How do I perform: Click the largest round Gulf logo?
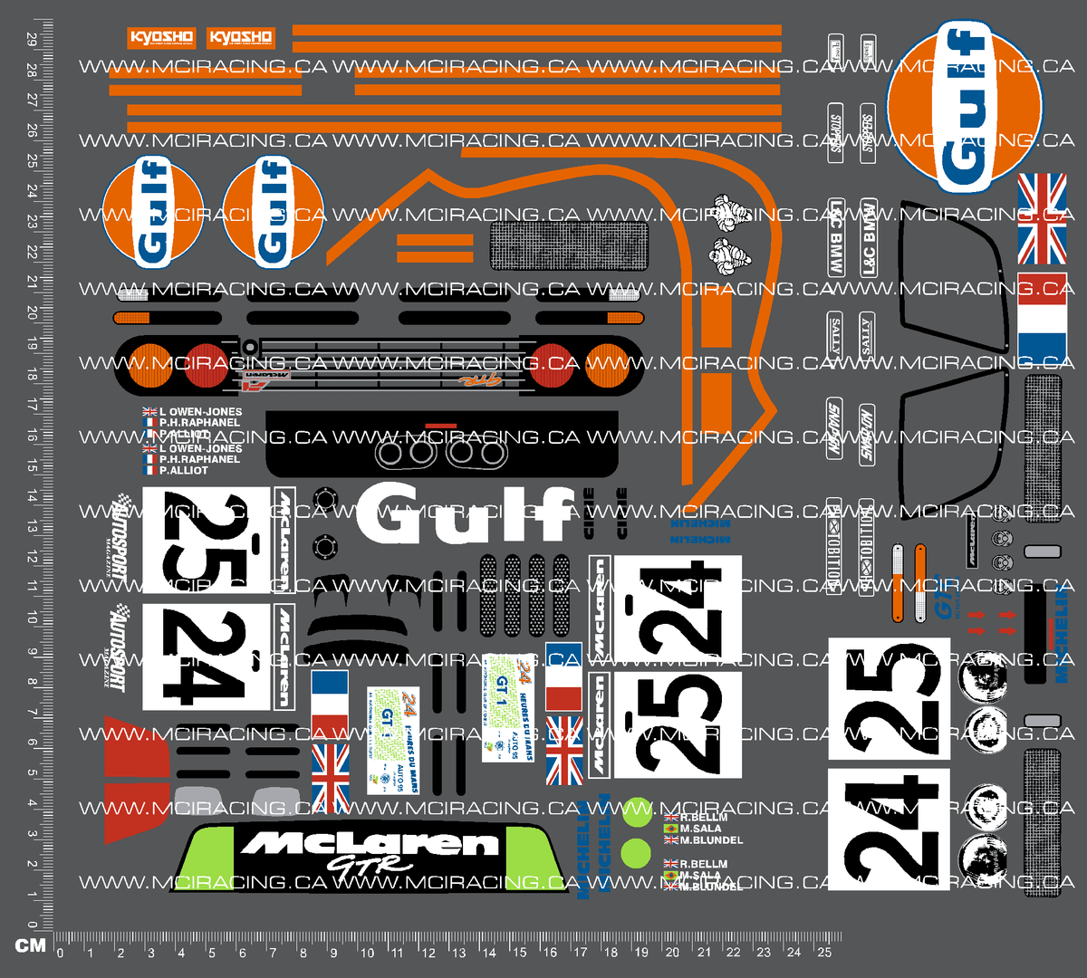(964, 109)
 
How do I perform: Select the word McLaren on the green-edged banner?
(370, 844)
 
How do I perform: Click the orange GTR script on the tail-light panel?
(477, 381)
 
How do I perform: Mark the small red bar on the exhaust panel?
(441, 425)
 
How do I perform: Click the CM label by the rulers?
(30, 945)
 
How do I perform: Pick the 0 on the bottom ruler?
(60, 953)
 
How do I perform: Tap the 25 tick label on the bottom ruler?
(824, 953)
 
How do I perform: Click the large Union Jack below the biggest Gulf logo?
(1042, 218)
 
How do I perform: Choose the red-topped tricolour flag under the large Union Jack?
(1042, 316)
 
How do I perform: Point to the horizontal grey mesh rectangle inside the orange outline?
(569, 245)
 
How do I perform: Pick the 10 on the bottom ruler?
(366, 953)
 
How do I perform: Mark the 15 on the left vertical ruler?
(31, 465)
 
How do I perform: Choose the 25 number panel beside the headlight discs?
(889, 701)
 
